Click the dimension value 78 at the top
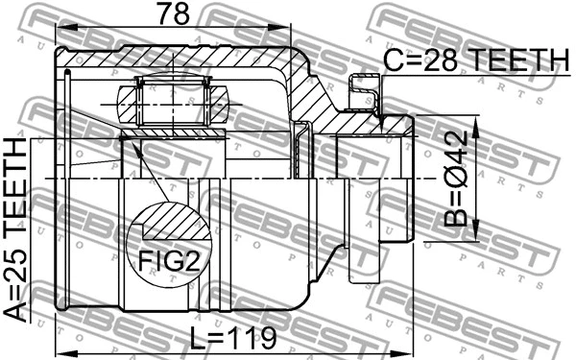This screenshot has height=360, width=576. click(x=176, y=14)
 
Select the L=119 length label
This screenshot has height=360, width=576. click(x=233, y=338)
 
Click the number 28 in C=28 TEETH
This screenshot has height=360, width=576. click(x=450, y=61)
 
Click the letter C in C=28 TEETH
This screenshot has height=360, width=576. click(x=394, y=61)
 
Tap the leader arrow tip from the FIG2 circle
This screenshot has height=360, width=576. click(x=125, y=137)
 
